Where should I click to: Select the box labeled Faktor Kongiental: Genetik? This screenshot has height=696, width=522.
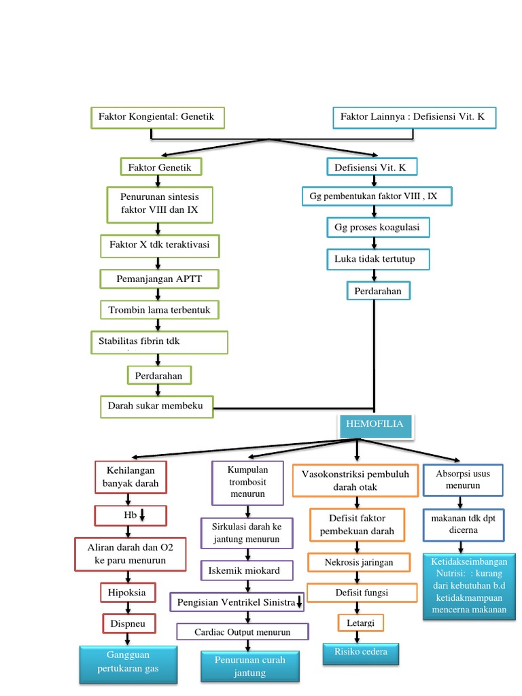(x=157, y=118)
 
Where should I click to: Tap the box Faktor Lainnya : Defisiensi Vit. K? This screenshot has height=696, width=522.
(x=414, y=118)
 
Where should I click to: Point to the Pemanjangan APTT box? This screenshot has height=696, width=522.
(x=160, y=279)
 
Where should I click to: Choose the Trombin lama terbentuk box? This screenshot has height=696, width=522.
(x=160, y=311)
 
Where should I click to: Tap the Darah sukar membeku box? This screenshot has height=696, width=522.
(x=156, y=407)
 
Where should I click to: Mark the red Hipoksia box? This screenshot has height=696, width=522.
(x=128, y=593)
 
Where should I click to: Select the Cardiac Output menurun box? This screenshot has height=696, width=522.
(x=242, y=632)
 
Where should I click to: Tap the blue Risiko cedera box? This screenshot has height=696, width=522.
(x=360, y=653)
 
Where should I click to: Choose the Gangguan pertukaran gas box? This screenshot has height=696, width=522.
(x=128, y=665)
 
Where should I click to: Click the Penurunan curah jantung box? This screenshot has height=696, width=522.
(x=249, y=667)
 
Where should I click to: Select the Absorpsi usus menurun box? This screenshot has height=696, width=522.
(x=463, y=479)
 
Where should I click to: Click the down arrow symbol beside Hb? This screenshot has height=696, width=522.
(x=143, y=516)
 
